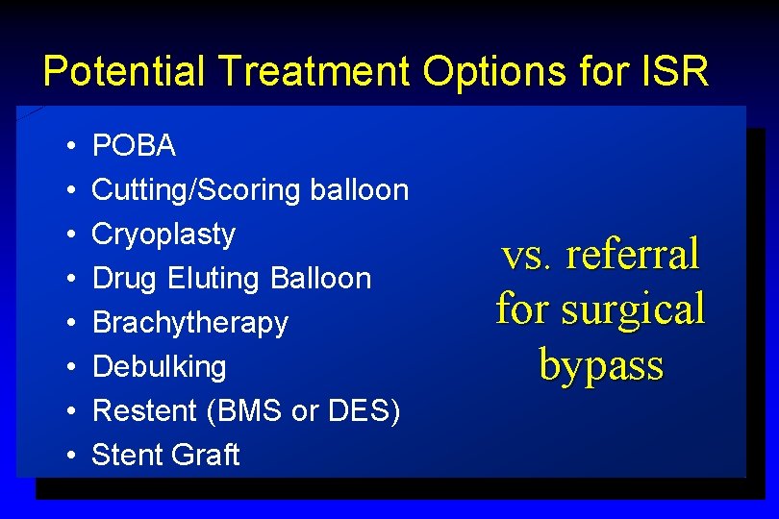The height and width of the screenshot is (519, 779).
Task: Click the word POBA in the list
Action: point(134,146)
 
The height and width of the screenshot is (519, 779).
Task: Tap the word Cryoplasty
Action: point(163,235)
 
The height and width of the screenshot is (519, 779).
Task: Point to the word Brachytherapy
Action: point(189,323)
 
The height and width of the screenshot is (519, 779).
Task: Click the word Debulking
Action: point(159,367)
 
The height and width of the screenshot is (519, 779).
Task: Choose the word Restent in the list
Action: point(140,411)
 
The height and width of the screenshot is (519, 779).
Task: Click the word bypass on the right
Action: point(601,365)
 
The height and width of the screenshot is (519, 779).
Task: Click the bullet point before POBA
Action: point(73,147)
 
